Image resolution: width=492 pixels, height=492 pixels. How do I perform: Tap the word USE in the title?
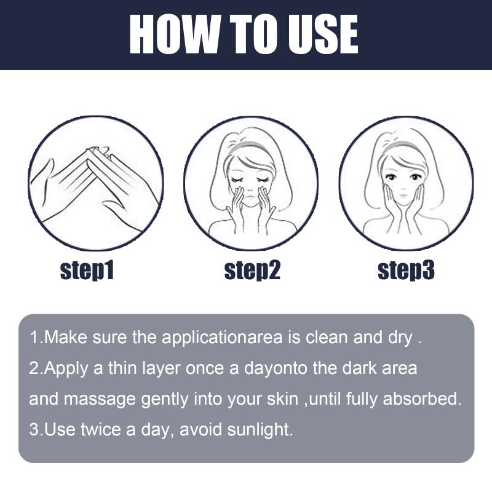tap(323, 34)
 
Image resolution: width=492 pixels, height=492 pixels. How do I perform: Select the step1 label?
tap(87, 271)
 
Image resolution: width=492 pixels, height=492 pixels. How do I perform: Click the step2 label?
tap(252, 271)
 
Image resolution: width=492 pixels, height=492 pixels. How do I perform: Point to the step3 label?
tap(406, 271)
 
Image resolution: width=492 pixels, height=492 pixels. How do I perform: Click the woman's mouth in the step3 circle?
tap(403, 196)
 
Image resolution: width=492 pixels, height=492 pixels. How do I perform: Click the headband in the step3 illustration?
tap(404, 146)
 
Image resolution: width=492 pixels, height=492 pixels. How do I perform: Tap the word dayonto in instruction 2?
tap(276, 368)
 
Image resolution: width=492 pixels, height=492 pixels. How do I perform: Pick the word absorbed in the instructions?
tap(423, 399)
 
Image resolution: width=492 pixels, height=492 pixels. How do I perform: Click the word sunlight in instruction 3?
tap(260, 430)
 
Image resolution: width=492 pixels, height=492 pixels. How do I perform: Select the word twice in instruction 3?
tap(101, 429)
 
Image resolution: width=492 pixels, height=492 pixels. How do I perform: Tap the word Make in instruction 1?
tap(65, 337)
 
